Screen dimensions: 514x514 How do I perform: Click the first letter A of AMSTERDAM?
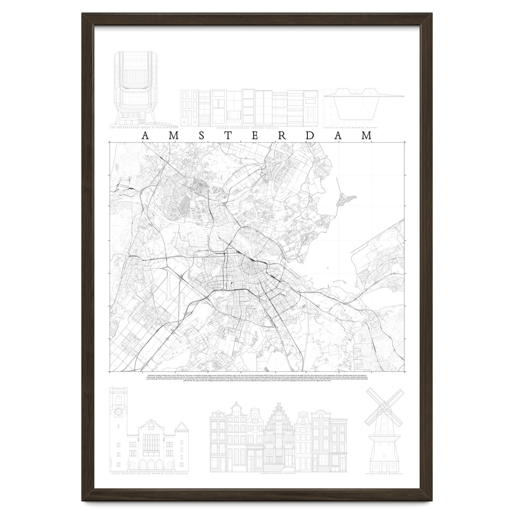[x=145, y=136]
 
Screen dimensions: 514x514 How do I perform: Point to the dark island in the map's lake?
[x=347, y=199]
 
